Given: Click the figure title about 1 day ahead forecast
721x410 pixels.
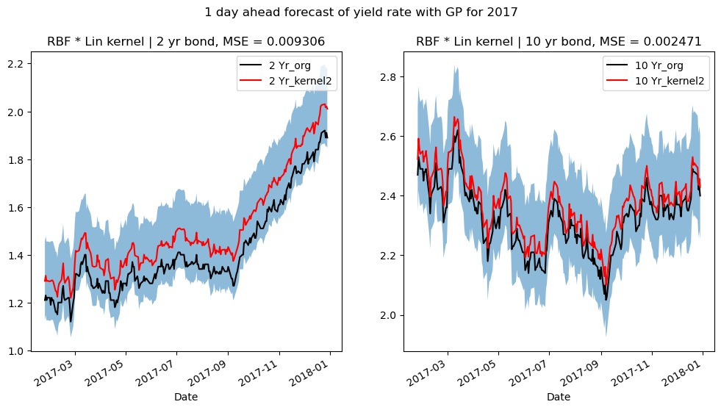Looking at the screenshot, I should [360, 12].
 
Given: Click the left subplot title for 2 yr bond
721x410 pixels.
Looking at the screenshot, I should [186, 42].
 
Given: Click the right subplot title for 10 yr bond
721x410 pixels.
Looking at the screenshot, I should [559, 42].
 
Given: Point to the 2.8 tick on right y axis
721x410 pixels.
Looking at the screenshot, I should [389, 76].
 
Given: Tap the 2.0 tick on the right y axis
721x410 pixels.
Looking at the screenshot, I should [389, 315].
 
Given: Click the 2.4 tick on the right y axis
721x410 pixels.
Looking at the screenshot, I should [389, 196].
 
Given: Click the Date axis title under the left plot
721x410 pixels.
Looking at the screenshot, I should [186, 397].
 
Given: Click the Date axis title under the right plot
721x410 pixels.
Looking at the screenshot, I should [559, 397].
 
